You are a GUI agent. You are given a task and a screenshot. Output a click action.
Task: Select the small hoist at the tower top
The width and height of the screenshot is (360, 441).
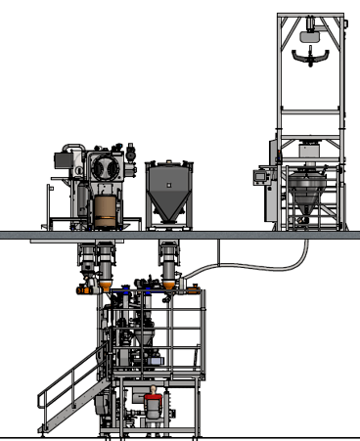coord(311,30)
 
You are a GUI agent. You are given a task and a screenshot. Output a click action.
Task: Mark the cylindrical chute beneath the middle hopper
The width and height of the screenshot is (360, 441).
coord(167,261)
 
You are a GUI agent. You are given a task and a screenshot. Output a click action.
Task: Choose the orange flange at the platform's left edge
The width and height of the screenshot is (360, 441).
coord(81,290)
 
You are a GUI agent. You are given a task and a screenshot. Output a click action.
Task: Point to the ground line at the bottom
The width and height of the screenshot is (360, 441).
coord(180,436)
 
